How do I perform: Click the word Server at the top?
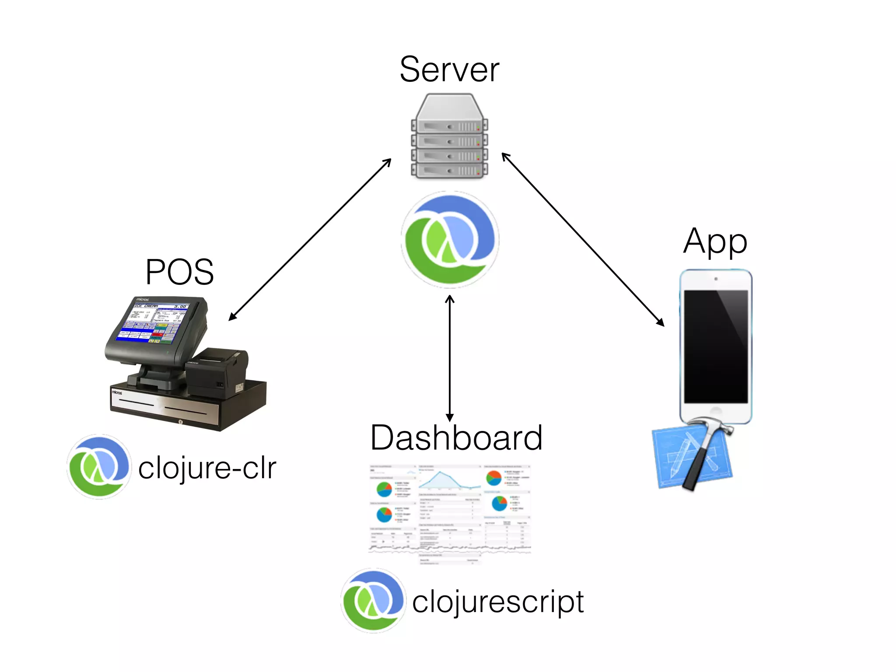pyautogui.click(x=449, y=70)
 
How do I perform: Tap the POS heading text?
pyautogui.click(x=179, y=272)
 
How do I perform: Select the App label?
pyautogui.click(x=715, y=241)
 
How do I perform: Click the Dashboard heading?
pyautogui.click(x=456, y=438)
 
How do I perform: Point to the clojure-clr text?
pyautogui.click(x=207, y=469)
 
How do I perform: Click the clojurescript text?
pyautogui.click(x=497, y=602)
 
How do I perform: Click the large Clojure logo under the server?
pyautogui.click(x=450, y=240)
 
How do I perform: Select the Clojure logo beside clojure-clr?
pyautogui.click(x=99, y=467)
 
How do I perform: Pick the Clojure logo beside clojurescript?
pyautogui.click(x=373, y=601)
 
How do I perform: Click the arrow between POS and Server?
pyautogui.click(x=309, y=240)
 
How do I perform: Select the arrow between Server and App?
pyautogui.click(x=583, y=239)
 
